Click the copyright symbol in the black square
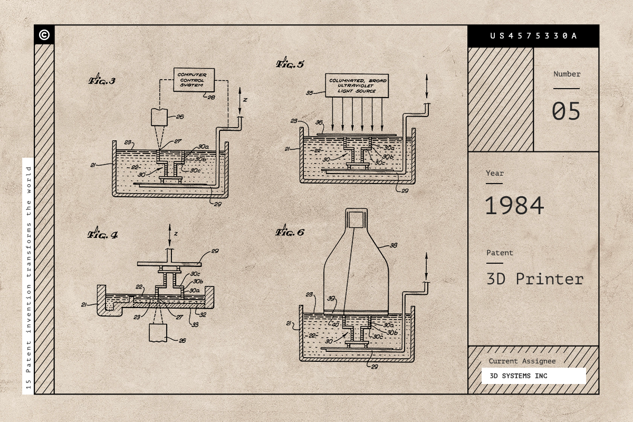[x=44, y=35]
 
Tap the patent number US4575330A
[x=533, y=36]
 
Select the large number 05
[x=566, y=111]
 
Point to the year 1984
[x=514, y=206]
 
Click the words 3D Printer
[x=535, y=279]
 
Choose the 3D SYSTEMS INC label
[x=519, y=376]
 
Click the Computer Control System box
[x=194, y=80]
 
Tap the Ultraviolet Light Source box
[x=357, y=85]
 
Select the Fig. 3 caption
[x=102, y=80]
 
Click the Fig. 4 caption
[x=102, y=234]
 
